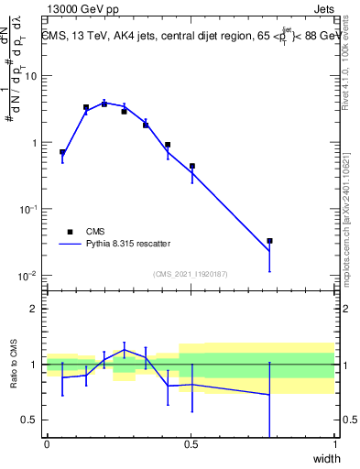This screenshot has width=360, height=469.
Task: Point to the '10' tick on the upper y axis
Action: tap(30, 76)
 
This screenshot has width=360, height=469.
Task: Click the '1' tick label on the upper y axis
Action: tap(34, 143)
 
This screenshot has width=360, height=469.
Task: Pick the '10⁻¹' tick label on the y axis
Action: tap(28, 209)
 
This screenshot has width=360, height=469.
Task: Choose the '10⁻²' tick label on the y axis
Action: tap(28, 276)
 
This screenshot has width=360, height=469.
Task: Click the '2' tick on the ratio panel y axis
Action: tap(34, 309)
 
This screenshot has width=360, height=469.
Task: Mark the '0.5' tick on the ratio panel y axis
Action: tap(30, 420)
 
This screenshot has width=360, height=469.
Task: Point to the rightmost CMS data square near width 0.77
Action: tap(269, 241)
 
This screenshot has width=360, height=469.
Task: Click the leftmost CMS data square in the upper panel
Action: tap(62, 152)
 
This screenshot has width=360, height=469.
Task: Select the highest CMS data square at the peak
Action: tap(104, 104)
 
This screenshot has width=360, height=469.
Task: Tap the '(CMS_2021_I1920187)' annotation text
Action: tap(191, 273)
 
